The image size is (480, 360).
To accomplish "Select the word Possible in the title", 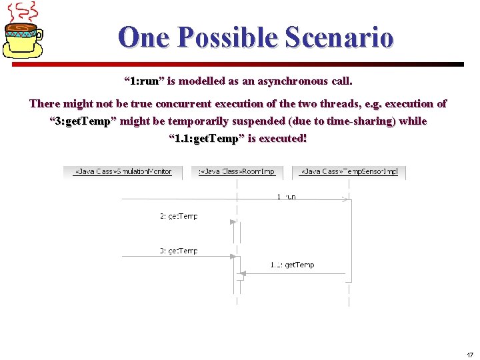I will pyautogui.click(x=225, y=37).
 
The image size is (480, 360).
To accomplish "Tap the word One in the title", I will pyautogui.click(x=143, y=37).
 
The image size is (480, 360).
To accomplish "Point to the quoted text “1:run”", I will pyautogui.click(x=144, y=81).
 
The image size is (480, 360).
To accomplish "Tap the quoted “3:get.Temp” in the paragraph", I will pyautogui.click(x=83, y=121).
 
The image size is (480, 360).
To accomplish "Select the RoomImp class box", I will pyautogui.click(x=237, y=172).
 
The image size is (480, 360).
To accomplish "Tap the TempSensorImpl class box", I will pyautogui.click(x=349, y=172).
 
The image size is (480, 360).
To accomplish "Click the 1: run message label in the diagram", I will pyautogui.click(x=286, y=197).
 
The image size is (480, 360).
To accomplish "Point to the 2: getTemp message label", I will pyautogui.click(x=179, y=216).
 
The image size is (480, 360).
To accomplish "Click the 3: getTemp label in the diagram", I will pyautogui.click(x=179, y=251).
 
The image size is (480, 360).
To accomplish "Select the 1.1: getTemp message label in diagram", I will pyautogui.click(x=292, y=265).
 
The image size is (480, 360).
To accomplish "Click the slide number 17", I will pyautogui.click(x=469, y=355).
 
